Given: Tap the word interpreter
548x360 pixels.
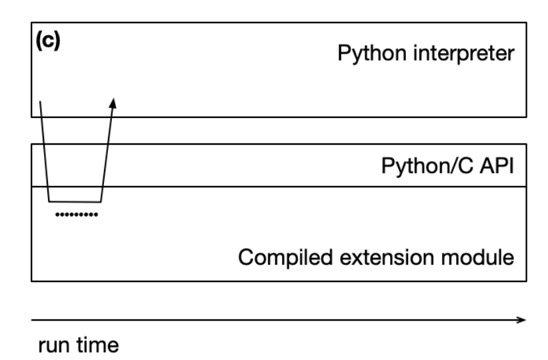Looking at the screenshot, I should click(465, 53).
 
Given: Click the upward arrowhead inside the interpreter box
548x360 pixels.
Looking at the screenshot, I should click(113, 103).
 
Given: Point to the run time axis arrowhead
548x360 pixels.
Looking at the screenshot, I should click(522, 320).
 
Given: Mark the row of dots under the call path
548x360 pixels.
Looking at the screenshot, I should click(75, 215).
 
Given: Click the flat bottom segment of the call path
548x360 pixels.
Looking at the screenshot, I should click(75, 201).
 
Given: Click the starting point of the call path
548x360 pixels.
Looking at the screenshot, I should click(40, 101).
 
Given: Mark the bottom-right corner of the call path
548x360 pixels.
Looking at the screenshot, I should click(100, 201).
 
